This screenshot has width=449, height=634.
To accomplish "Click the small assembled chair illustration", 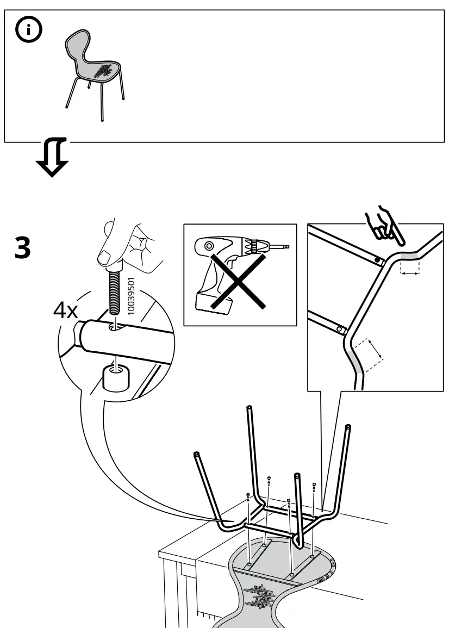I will point(94,71).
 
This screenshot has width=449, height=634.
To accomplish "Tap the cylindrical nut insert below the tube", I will point(115,377).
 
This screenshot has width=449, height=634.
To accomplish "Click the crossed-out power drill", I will point(240,275).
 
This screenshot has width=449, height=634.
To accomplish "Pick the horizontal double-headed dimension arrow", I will point(411,274).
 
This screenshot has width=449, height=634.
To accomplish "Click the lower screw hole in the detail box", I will point(339,329).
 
